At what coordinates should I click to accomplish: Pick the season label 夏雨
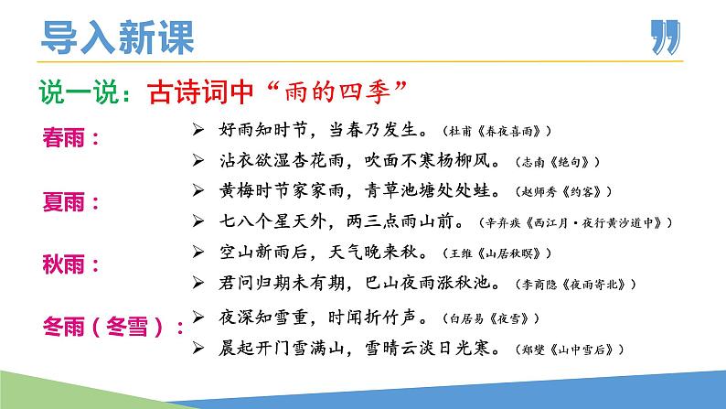click(70, 200)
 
